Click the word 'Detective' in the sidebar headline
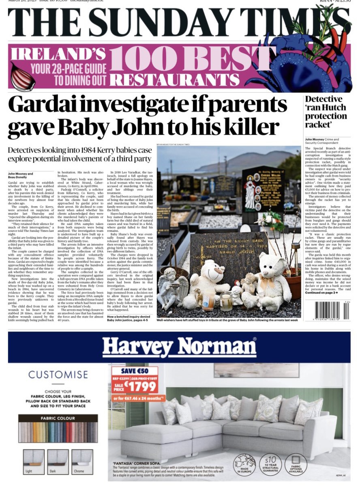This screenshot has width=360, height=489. click(324, 99)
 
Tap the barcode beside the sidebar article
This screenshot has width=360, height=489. click(332, 310)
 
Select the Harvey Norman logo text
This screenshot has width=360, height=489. click(179, 347)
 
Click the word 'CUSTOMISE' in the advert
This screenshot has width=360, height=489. click(58, 375)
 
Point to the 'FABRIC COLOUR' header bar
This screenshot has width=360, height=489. click(58, 418)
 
